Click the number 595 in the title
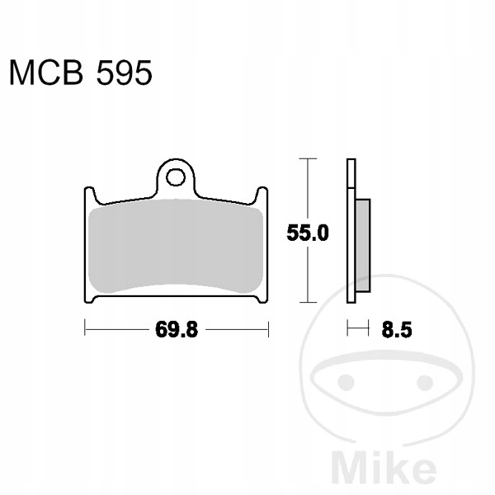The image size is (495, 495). (x=124, y=73)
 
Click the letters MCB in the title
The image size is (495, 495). (x=46, y=73)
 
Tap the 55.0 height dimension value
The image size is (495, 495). (x=308, y=233)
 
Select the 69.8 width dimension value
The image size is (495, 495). (x=177, y=329)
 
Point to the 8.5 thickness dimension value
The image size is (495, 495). (x=397, y=330)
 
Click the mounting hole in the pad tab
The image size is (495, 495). (x=176, y=177)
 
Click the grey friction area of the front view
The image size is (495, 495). (x=176, y=246)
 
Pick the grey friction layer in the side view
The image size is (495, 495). (x=363, y=245)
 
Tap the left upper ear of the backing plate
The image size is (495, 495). (x=92, y=194)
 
